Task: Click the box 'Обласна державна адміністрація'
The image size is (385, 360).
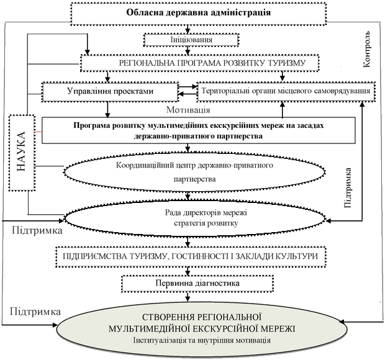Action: coord(198,14)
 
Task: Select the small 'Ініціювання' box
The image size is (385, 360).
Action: coord(191,40)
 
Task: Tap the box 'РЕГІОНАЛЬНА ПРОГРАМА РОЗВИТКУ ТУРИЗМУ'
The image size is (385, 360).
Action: coord(200,63)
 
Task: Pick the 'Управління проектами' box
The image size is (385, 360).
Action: coord(111,92)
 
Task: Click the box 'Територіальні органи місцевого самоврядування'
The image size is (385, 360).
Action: coord(286,91)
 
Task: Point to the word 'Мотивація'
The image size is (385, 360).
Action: coord(188,110)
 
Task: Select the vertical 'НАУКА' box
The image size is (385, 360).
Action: coord(22,153)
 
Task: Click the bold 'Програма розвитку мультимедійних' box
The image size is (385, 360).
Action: coord(198,130)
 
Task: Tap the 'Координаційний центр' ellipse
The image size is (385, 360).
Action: coord(194,173)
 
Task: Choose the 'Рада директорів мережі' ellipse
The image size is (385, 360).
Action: coord(195,218)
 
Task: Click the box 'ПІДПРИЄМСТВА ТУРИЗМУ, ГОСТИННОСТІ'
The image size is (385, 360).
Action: coord(191,257)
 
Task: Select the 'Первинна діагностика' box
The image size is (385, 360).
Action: coord(197,284)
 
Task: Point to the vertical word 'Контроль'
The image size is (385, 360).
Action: coord(366,49)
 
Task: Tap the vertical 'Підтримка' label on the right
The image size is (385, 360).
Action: coord(348,188)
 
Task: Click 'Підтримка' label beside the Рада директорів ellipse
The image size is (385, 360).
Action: coord(37,231)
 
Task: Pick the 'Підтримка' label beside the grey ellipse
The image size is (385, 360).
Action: coord(35,312)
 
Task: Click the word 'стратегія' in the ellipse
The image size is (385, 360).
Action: coord(189,223)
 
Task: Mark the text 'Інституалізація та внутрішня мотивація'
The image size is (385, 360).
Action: coord(202,341)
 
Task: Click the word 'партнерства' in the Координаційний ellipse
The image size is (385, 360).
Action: coord(195,179)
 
